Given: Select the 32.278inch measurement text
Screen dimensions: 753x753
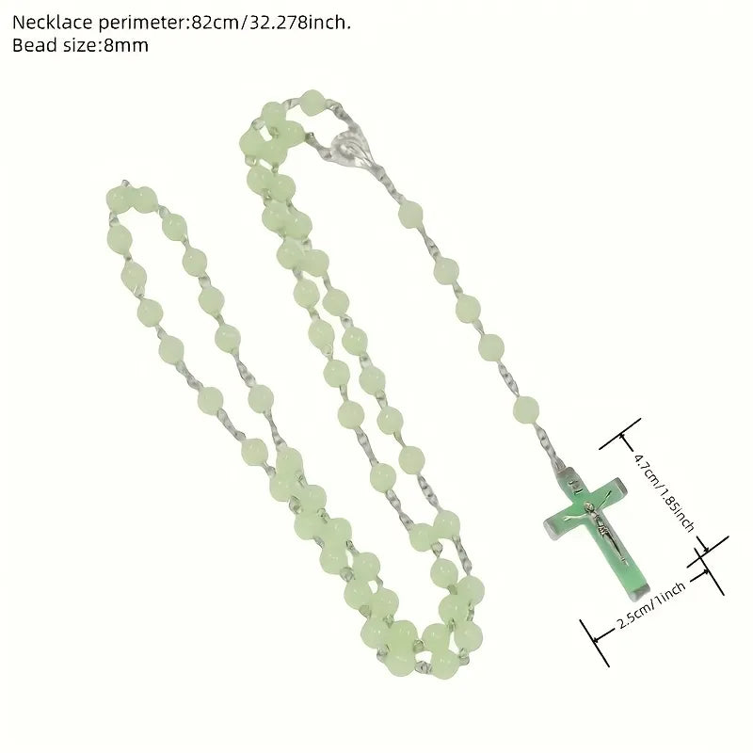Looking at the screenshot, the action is click(x=296, y=23).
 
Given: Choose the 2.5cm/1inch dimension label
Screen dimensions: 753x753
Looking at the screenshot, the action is click(x=651, y=605).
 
